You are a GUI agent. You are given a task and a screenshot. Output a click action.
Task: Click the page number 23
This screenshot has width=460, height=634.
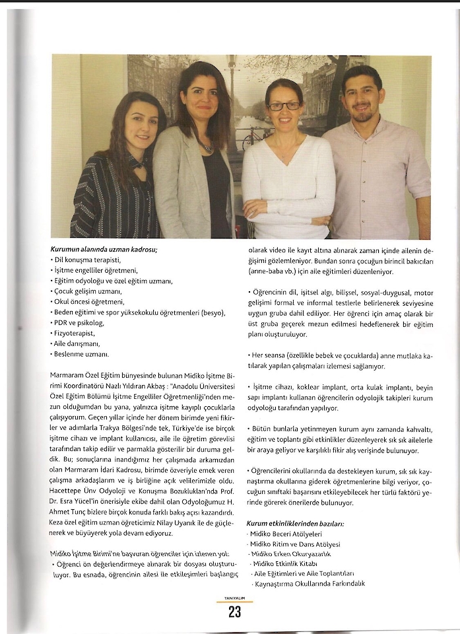(234, 612)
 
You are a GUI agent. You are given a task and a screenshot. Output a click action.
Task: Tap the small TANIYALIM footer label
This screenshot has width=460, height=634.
(234, 599)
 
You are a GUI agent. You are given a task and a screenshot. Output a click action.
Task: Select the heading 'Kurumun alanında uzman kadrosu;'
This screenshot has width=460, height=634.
(104, 250)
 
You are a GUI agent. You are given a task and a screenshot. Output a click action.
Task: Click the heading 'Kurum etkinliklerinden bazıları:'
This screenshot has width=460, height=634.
(295, 523)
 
